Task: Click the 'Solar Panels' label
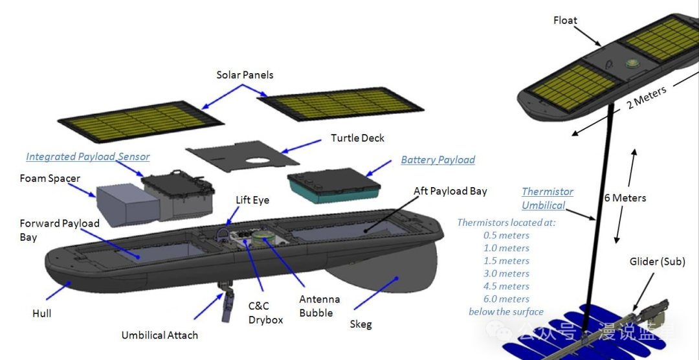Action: pyautogui.click(x=245, y=75)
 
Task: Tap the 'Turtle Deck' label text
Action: pyautogui.click(x=357, y=138)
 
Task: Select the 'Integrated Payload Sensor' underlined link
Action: pyautogui.click(x=87, y=157)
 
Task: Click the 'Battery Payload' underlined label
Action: pyautogui.click(x=438, y=160)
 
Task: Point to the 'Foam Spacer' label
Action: pyautogui.click(x=50, y=178)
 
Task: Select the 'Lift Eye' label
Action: pyautogui.click(x=252, y=200)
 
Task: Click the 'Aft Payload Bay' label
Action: pyautogui.click(x=450, y=191)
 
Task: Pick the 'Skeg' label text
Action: pyautogui.click(x=361, y=324)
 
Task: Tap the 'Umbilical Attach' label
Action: pyautogui.click(x=159, y=335)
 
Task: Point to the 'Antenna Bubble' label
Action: pyautogui.click(x=319, y=306)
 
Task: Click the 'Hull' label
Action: pyautogui.click(x=41, y=313)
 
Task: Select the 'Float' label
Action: pyautogui.click(x=565, y=21)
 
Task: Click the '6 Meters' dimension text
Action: pyautogui.click(x=625, y=197)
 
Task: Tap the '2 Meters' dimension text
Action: pyautogui.click(x=647, y=98)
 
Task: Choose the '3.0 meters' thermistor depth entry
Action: pyautogui.click(x=506, y=273)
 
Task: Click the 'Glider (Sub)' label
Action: pyautogui.click(x=657, y=262)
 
